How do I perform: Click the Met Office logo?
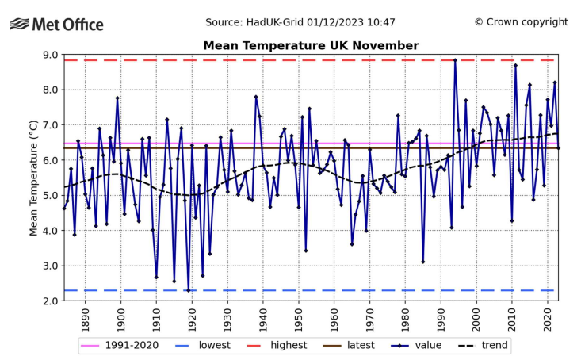tap(56, 24)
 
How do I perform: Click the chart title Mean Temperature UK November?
tap(311, 45)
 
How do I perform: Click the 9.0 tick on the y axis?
tap(49, 55)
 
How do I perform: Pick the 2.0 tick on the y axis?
tap(49, 301)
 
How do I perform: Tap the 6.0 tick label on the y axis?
tap(49, 160)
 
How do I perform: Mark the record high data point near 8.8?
tap(455, 60)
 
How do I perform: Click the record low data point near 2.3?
tap(189, 290)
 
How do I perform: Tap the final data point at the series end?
tap(558, 148)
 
